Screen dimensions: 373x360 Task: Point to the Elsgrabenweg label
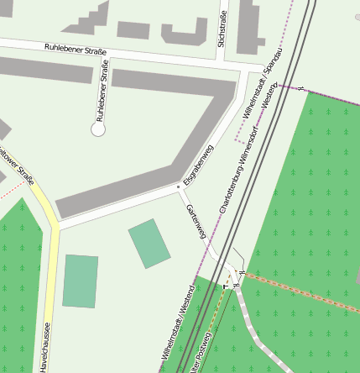(x=199, y=163)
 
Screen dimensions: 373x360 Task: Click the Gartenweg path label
(x=196, y=220)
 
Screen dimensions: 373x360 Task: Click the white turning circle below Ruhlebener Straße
(x=98, y=129)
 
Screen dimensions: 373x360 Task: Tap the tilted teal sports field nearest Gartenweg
(x=149, y=244)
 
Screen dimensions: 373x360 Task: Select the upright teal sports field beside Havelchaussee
(x=80, y=281)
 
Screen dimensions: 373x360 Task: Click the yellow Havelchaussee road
(x=50, y=277)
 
